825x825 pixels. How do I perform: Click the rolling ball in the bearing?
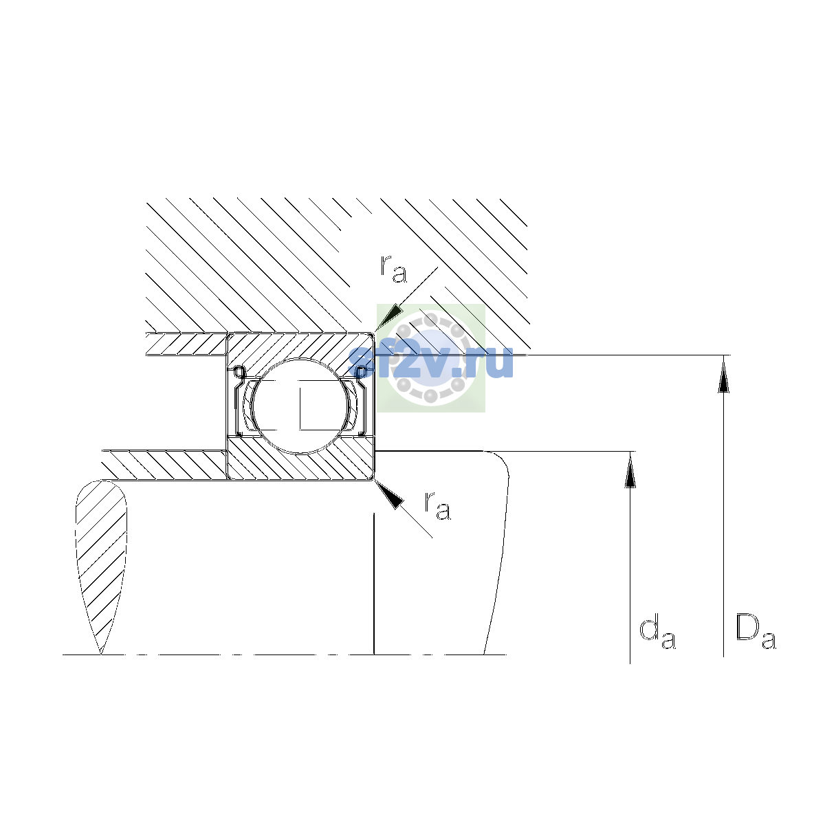point(301,406)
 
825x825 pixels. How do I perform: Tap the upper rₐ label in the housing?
point(393,269)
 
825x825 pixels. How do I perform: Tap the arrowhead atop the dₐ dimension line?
point(630,470)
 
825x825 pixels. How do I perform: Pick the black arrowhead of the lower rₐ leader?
point(389,494)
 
